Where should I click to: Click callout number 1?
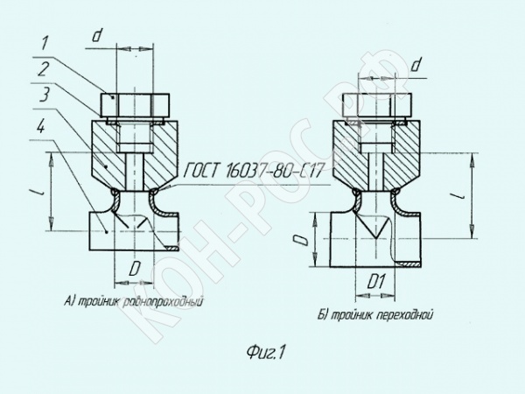click(45, 44)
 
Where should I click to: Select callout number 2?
click(44, 69)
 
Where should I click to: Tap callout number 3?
click(45, 95)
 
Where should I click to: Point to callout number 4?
click(40, 126)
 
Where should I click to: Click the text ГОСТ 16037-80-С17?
click(254, 170)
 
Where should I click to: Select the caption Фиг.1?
click(265, 352)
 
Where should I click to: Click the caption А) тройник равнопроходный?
click(134, 301)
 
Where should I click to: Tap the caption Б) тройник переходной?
click(375, 315)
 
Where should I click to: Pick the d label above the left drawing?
click(96, 35)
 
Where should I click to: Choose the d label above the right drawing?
click(416, 65)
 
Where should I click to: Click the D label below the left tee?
click(134, 268)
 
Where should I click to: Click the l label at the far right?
click(462, 194)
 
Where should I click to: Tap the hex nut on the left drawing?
click(135, 105)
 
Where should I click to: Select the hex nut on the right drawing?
click(376, 105)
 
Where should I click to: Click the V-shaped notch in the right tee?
click(375, 226)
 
